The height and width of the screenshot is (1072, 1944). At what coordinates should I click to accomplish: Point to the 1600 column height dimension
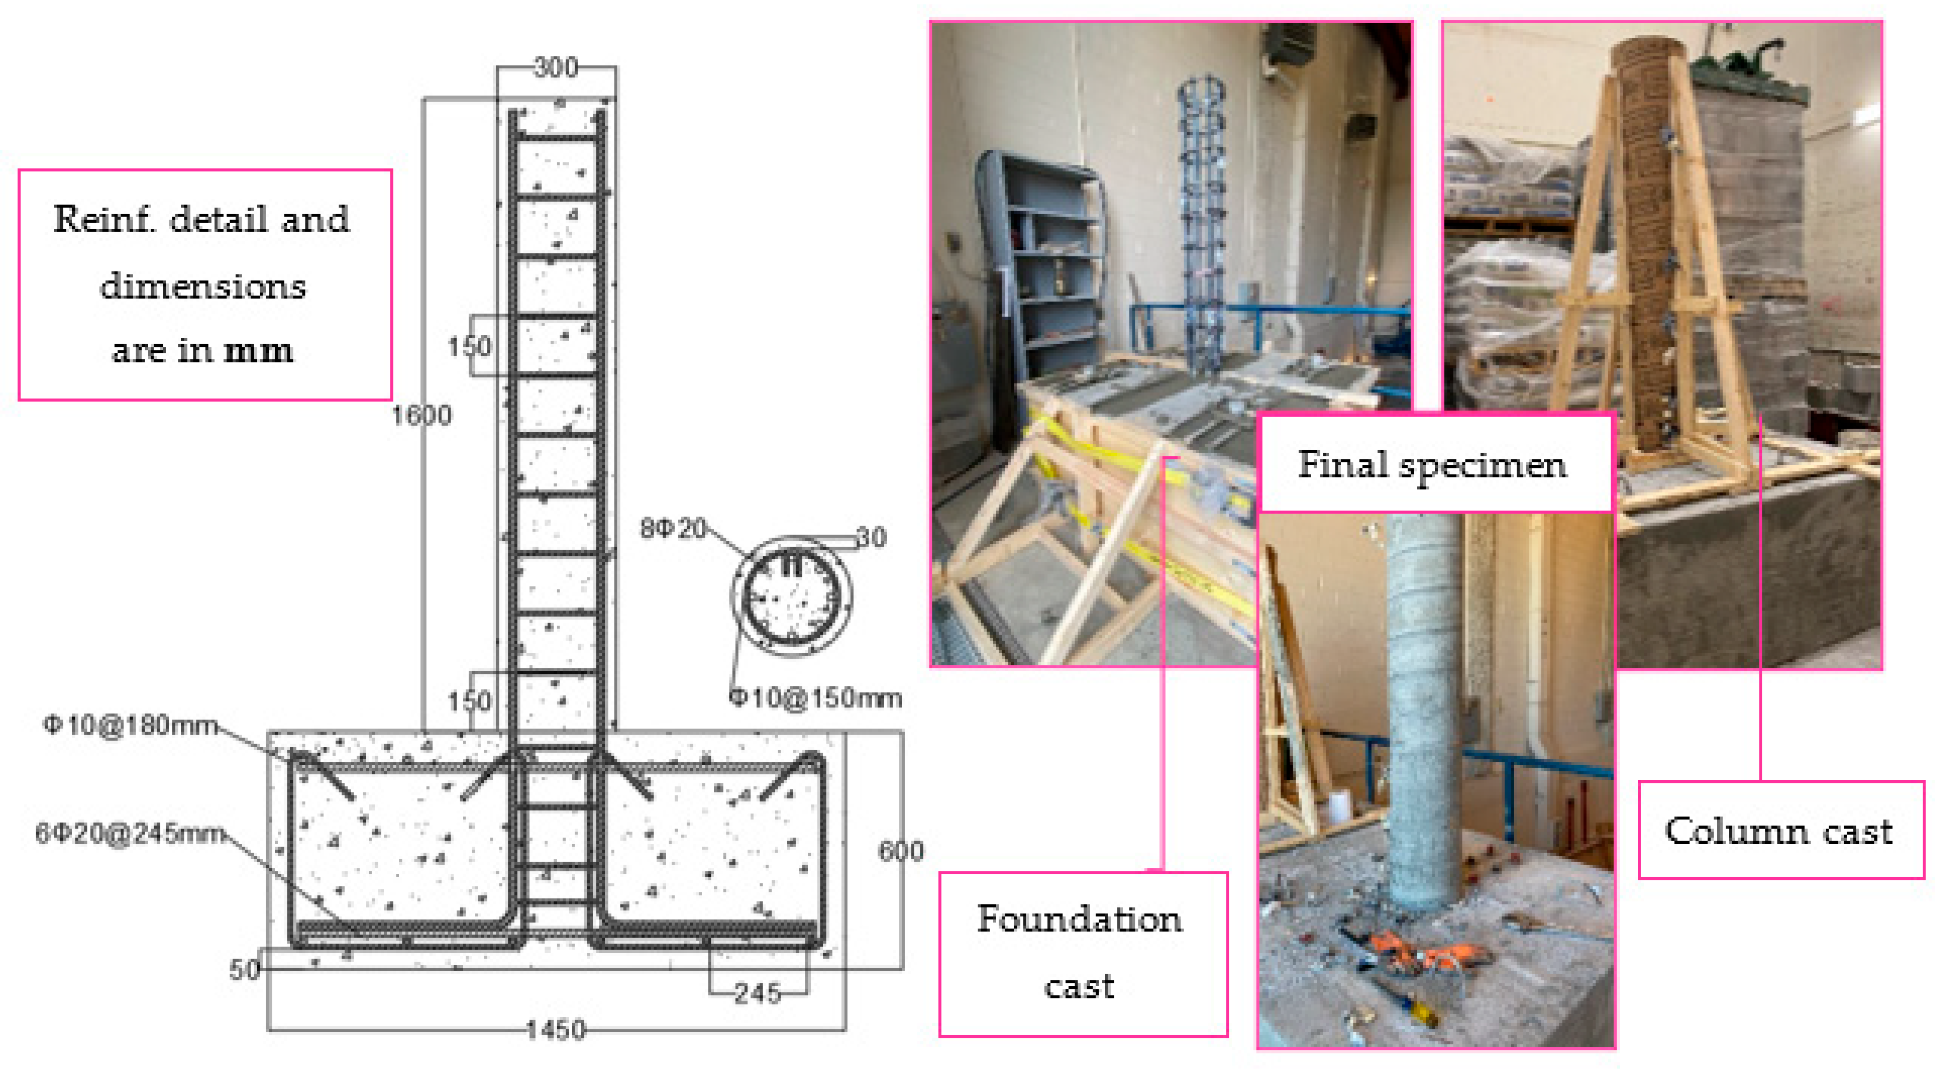pyautogui.click(x=421, y=415)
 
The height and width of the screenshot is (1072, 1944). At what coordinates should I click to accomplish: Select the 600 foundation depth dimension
pyautogui.click(x=900, y=851)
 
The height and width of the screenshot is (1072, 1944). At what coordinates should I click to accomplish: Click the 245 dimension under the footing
pyautogui.click(x=758, y=993)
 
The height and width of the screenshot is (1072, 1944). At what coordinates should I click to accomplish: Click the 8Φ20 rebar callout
pyautogui.click(x=673, y=528)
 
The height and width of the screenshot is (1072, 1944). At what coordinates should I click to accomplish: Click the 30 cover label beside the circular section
pyautogui.click(x=871, y=537)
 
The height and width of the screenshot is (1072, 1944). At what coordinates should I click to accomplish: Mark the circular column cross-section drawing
pyautogui.click(x=791, y=597)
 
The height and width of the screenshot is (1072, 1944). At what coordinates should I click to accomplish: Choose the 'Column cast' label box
pyautogui.click(x=1779, y=831)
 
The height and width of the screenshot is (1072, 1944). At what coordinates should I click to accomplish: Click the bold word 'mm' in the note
pyautogui.click(x=259, y=351)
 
